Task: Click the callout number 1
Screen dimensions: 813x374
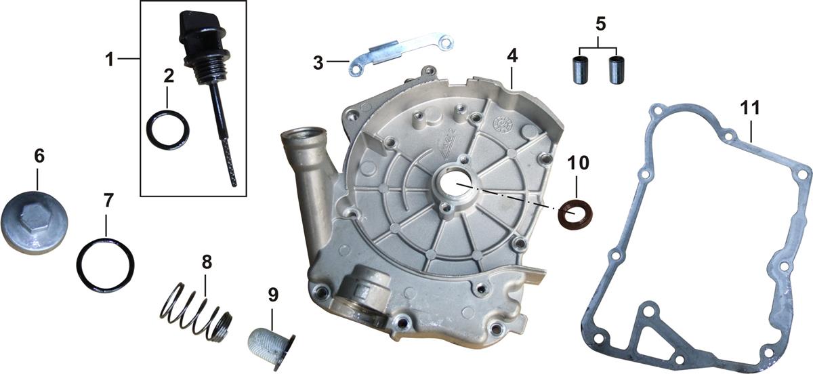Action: [110, 59]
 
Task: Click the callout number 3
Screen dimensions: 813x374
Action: [318, 63]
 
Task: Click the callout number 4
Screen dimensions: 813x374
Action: [512, 56]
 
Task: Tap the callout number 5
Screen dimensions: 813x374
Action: [601, 24]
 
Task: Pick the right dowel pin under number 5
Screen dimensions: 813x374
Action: [615, 70]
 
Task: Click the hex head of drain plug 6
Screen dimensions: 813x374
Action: [35, 218]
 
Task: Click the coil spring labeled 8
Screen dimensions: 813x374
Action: [196, 312]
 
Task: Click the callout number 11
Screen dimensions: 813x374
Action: [750, 108]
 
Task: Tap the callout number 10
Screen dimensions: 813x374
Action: [578, 163]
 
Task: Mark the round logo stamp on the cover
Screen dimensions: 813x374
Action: [502, 124]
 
